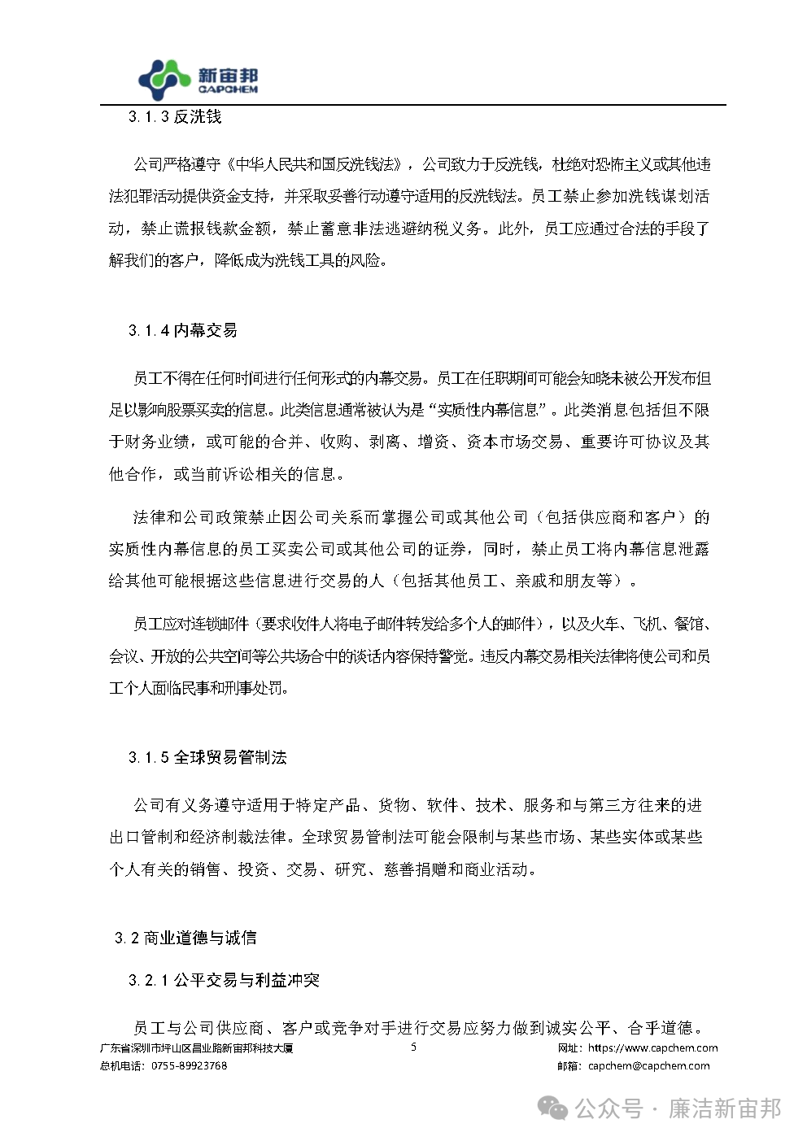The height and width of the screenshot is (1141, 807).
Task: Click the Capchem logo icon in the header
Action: [x=165, y=80]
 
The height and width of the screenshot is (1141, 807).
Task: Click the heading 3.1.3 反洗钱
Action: [x=175, y=117]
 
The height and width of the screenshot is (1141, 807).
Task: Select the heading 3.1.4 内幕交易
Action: [x=183, y=330]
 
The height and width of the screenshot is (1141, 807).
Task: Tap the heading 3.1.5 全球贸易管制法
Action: [x=207, y=757]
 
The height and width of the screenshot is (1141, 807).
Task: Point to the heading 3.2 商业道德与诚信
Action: [x=185, y=938]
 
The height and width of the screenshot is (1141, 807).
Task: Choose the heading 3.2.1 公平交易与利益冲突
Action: [x=224, y=980]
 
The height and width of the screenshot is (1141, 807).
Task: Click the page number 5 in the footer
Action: [x=413, y=1047]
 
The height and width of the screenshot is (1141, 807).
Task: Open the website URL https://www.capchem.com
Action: [x=652, y=1048]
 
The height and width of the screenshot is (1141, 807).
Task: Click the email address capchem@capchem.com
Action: [x=648, y=1065]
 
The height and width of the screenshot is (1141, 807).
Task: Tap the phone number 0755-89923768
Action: [x=190, y=1065]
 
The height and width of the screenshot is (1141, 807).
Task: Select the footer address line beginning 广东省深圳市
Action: [x=196, y=1048]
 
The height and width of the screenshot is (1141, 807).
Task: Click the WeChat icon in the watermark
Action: [x=555, y=1108]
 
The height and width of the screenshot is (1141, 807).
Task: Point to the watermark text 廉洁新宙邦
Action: [x=724, y=1108]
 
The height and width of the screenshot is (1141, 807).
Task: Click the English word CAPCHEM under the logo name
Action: [x=228, y=89]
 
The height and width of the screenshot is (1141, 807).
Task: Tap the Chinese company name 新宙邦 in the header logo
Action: [x=228, y=75]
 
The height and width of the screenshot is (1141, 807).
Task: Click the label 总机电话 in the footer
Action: [x=121, y=1065]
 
